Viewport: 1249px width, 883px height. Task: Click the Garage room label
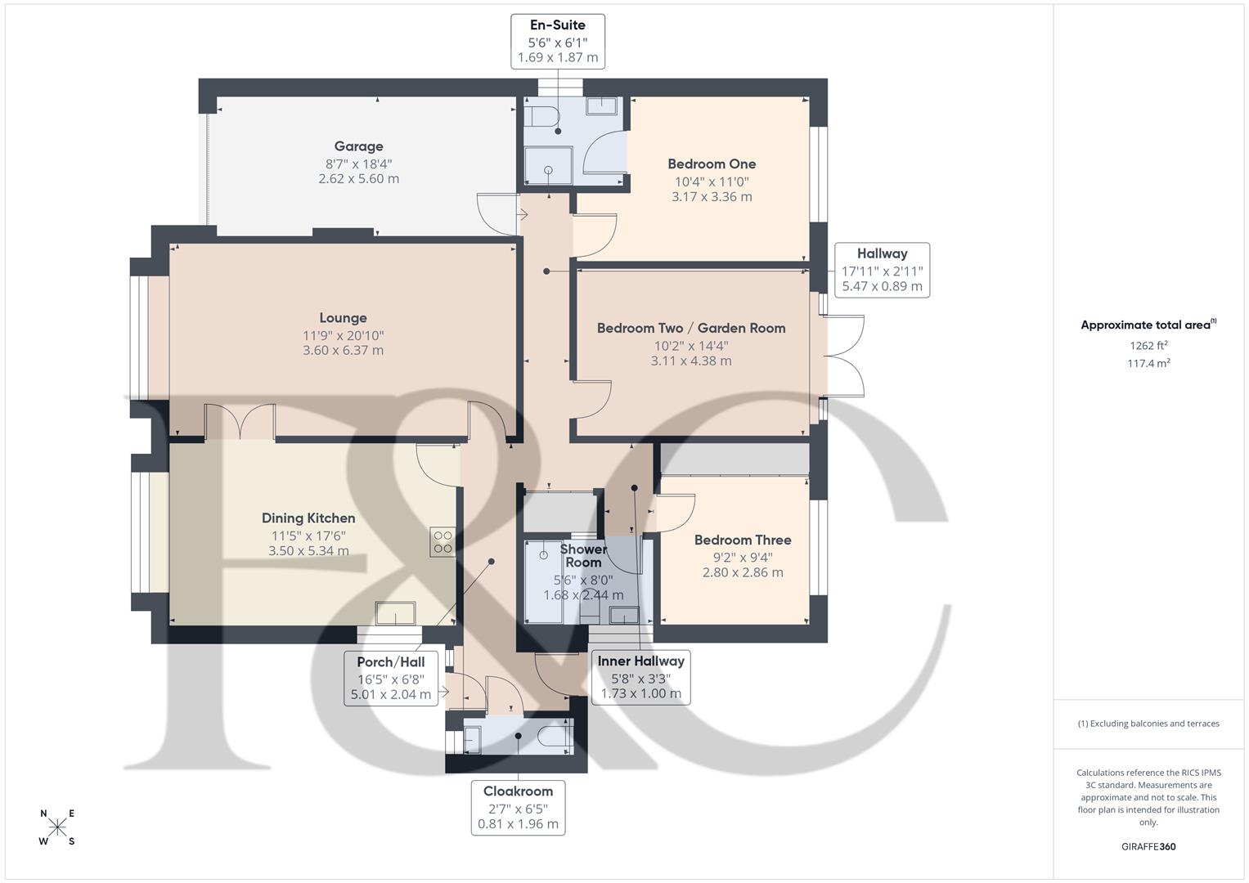tap(358, 146)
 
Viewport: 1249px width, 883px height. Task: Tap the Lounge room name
tap(343, 318)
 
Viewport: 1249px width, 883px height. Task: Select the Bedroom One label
tap(712, 164)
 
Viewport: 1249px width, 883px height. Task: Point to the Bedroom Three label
tap(743, 540)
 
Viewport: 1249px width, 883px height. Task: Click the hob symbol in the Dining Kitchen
tap(443, 542)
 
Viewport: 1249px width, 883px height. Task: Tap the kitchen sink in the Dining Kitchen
tap(395, 612)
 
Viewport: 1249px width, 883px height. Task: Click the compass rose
tap(57, 827)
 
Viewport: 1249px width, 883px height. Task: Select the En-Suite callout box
tap(558, 41)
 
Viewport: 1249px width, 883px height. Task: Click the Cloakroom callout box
tap(518, 807)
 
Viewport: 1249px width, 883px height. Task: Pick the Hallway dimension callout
tap(882, 270)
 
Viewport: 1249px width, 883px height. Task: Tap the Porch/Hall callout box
tap(390, 678)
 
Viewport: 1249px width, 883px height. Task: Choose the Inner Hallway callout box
tap(640, 677)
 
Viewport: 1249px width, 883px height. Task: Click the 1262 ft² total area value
tap(1148, 345)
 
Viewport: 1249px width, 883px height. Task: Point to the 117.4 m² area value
tap(1148, 364)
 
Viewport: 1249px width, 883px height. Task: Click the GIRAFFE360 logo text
tap(1148, 846)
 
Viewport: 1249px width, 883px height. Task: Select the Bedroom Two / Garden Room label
tap(691, 328)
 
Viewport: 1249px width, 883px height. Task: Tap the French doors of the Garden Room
tap(845, 356)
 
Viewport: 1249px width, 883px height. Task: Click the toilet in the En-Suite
tap(541, 114)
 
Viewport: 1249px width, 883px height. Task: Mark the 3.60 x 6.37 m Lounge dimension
tap(343, 351)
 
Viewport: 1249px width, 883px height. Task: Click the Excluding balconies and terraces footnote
tap(1148, 724)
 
